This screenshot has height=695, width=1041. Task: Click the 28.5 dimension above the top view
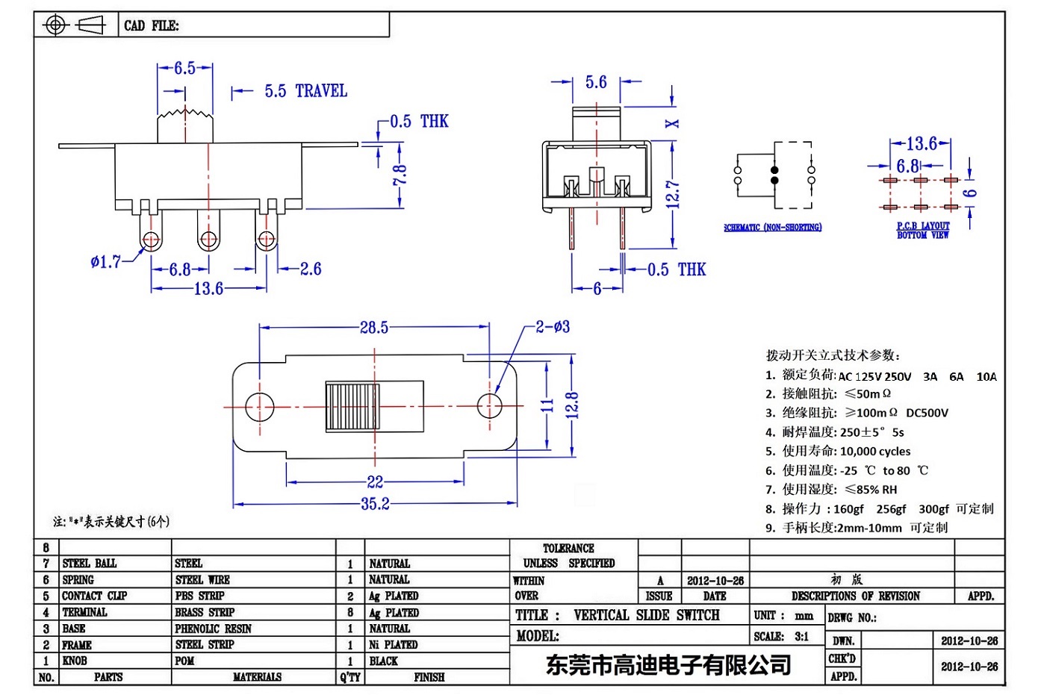[x=374, y=327]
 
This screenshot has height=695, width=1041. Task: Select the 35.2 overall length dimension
[x=375, y=504]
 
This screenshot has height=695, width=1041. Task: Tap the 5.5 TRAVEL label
[x=305, y=91]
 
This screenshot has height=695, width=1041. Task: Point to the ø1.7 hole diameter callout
[x=105, y=262]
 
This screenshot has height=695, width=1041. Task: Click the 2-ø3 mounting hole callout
[x=553, y=326]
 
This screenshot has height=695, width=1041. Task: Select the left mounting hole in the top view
[x=260, y=407]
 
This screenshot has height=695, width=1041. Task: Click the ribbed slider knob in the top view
[x=352, y=407]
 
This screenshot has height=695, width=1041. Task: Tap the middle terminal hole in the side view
[x=208, y=240]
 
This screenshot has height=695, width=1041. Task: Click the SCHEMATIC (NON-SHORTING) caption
[x=772, y=228]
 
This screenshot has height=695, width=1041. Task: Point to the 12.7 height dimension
[x=673, y=194]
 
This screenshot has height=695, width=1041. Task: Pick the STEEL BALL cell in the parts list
[x=90, y=564]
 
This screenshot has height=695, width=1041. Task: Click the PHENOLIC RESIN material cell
[x=213, y=629]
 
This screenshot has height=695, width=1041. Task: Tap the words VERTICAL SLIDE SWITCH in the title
[x=646, y=615]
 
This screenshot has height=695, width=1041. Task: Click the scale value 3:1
[x=801, y=637]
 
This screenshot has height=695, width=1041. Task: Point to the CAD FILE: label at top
[x=152, y=25]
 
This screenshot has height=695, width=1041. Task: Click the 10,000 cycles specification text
[x=874, y=452]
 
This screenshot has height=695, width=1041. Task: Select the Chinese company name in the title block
[x=668, y=664]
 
